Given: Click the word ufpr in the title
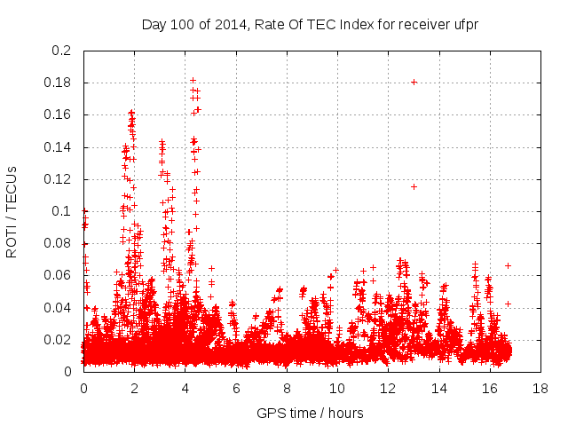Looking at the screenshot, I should click(465, 24).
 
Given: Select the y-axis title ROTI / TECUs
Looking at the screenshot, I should click(12, 212).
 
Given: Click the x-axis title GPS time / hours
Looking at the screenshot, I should click(310, 413).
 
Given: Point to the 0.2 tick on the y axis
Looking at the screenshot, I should click(62, 51).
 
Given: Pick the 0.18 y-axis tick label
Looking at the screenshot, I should click(59, 83).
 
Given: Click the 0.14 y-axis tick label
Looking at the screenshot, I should click(59, 147).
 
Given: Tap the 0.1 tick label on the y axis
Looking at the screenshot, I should click(62, 211).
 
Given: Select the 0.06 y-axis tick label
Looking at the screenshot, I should click(59, 275).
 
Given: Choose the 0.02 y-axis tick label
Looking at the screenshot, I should click(59, 340).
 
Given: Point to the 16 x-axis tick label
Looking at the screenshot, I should click(490, 388).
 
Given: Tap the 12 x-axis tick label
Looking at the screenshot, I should click(388, 388).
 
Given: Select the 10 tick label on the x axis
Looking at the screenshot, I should click(337, 388).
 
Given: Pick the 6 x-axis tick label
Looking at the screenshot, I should click(236, 388).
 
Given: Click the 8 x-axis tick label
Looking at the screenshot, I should click(287, 388).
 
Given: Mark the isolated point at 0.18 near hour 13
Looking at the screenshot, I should click(414, 82).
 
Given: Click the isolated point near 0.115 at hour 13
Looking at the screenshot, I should click(414, 186).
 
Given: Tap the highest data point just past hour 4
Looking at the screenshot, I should click(193, 81).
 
